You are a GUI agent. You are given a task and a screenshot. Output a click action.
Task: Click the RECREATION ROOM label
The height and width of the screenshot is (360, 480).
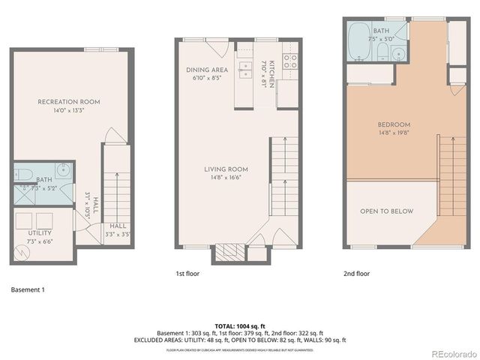click(x=69, y=102)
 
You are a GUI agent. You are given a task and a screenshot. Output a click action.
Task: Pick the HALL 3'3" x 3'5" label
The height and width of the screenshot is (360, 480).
click(x=117, y=229)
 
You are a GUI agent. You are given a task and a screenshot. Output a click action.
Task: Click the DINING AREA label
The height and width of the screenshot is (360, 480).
click(x=208, y=70)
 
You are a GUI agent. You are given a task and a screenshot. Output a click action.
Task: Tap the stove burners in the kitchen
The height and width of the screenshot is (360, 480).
click(x=289, y=61)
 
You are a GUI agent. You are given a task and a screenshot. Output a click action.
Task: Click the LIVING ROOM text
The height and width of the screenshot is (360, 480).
click(x=226, y=169)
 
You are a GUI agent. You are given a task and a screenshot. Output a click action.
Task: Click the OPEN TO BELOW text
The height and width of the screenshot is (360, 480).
click(x=386, y=211)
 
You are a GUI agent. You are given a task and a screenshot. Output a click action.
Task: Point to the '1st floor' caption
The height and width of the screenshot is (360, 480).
click(x=188, y=274)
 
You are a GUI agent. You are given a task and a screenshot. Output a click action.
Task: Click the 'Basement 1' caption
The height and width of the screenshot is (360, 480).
click(x=28, y=289)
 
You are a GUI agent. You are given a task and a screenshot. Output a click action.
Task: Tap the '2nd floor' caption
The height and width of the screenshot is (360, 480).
click(x=356, y=274)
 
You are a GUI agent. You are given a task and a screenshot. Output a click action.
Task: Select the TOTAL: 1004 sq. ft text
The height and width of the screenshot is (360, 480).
click(x=240, y=325)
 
